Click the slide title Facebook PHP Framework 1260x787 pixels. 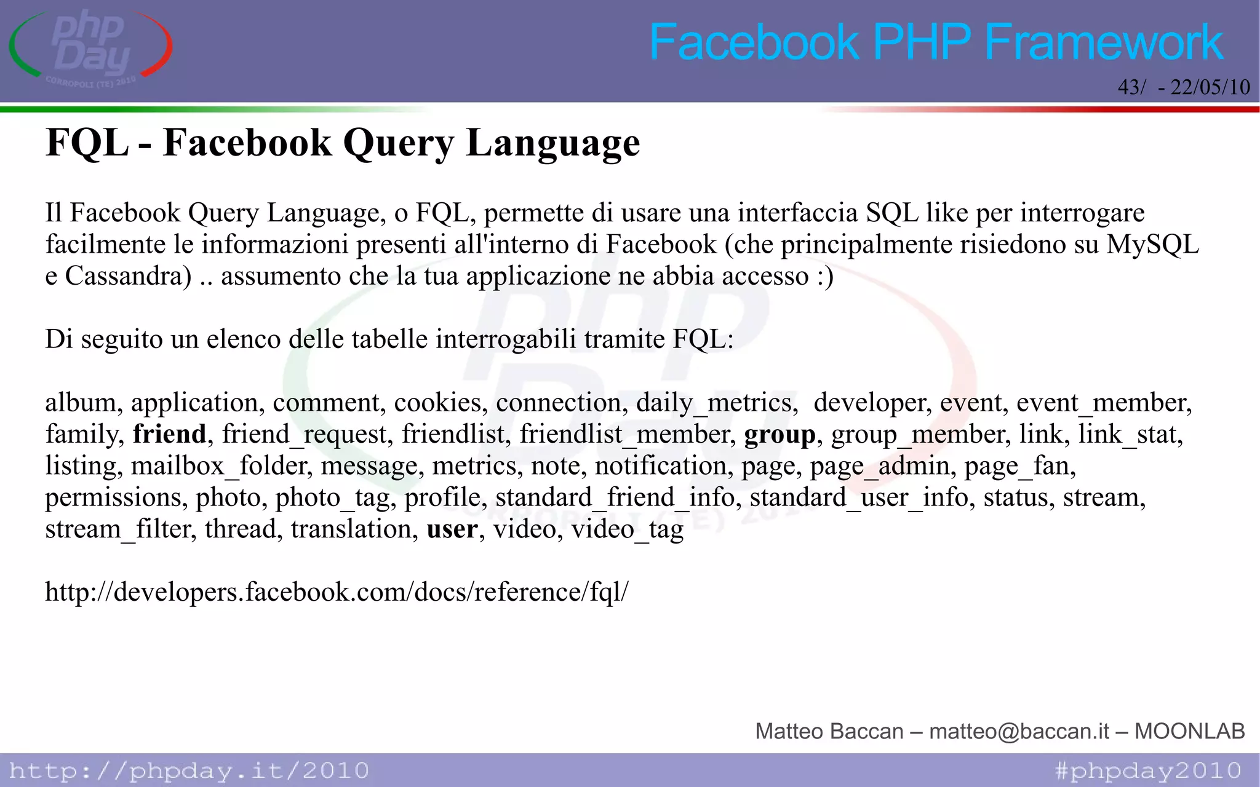[936, 42]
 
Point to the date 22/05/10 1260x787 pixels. [1210, 87]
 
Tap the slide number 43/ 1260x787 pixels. [1131, 87]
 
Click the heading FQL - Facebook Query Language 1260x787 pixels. [343, 143]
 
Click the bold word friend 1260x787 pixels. [169, 434]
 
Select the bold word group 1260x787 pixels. [780, 435]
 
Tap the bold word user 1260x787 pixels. [452, 529]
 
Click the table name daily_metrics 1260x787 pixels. [716, 403]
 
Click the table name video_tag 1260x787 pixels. [627, 529]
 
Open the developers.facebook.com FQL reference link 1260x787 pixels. [337, 592]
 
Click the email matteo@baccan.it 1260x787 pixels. [1019, 731]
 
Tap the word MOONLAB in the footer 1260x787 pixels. [1189, 731]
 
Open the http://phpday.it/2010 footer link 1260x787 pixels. [189, 770]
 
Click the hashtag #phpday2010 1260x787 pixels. [1148, 770]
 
